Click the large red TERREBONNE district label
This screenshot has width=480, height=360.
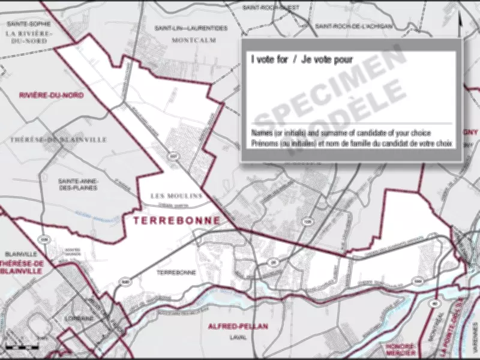176,221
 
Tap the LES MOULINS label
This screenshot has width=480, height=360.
177,196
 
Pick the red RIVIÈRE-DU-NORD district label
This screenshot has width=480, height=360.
51,95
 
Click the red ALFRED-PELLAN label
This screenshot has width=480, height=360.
237,326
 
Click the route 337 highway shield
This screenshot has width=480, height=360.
173,156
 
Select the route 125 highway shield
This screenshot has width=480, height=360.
308,221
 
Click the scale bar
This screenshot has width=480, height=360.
21,347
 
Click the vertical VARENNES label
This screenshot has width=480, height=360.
474,336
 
